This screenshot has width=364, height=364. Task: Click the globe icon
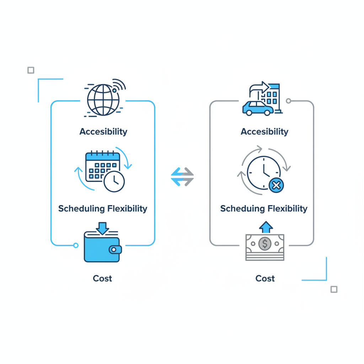tap(103, 100)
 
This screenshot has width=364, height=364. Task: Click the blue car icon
tap(258, 108)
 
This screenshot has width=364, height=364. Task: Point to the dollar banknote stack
tap(265, 247)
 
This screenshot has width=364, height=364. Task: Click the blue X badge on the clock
tap(276, 186)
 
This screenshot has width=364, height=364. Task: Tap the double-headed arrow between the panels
tap(182, 177)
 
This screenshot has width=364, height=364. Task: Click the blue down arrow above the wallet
tap(102, 228)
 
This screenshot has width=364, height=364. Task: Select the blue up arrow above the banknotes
tap(266, 227)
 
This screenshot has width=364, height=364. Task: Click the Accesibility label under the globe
tap(103, 132)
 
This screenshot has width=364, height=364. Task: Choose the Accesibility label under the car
tap(264, 132)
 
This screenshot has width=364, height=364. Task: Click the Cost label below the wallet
tap(102, 278)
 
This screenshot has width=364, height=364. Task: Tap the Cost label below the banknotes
tap(265, 278)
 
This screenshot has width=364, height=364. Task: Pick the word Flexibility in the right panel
tap(287, 208)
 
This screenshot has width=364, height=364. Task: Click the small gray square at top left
tap(31, 70)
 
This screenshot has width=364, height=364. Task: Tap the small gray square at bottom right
tap(334, 289)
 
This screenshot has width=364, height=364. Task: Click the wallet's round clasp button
tap(114, 250)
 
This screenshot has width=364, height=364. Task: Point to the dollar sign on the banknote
tap(264, 244)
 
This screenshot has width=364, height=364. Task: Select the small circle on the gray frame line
tap(288, 101)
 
